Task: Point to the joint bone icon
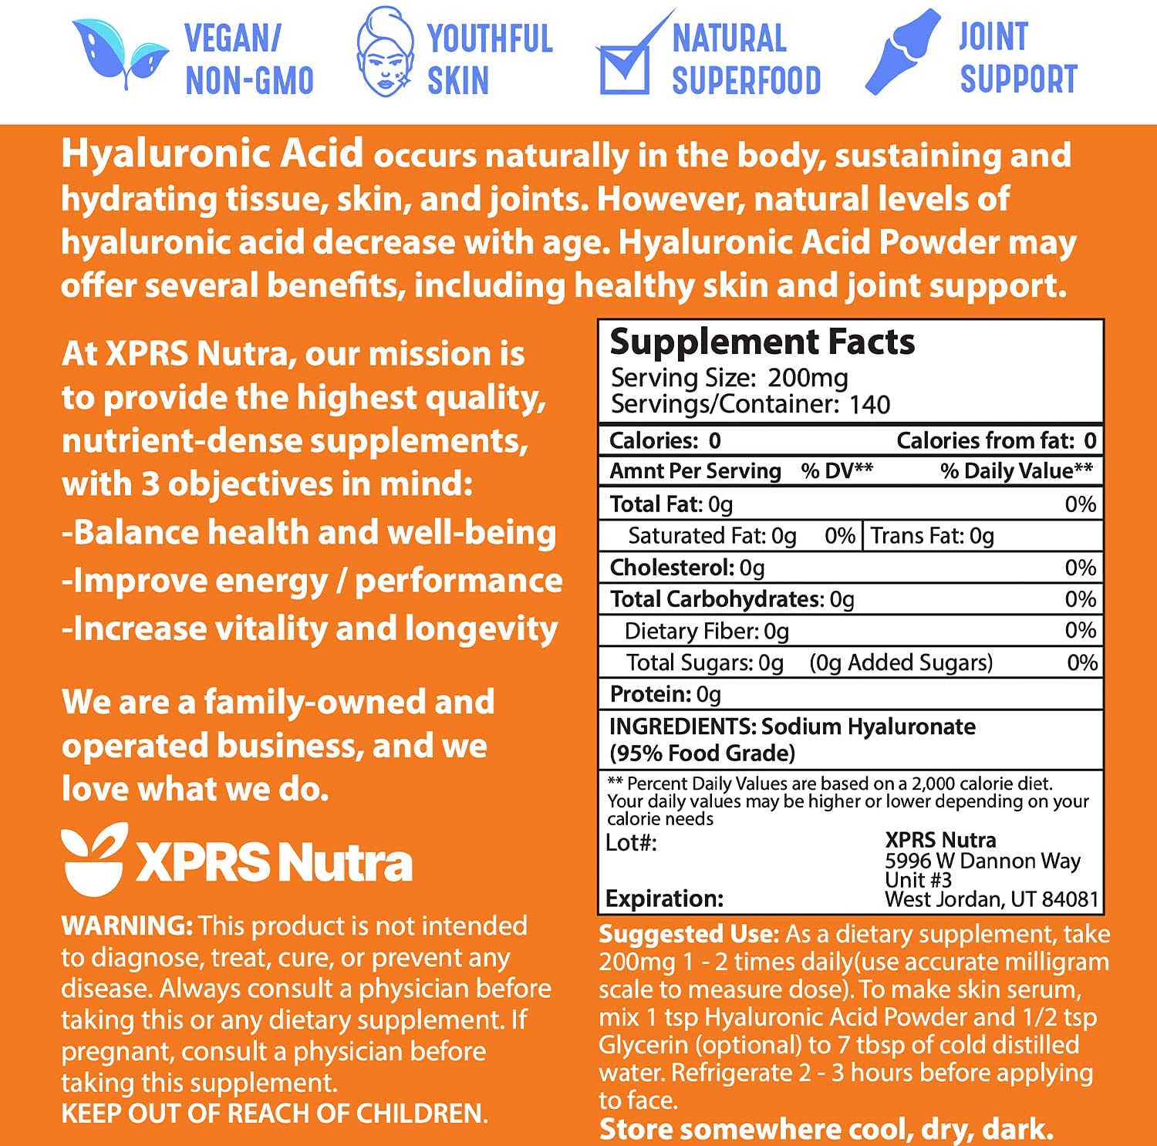[902, 52]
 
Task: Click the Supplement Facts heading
[761, 342]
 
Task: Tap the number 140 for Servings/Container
[869, 404]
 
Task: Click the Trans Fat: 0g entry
[932, 535]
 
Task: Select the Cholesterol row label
[672, 568]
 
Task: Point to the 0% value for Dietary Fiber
[1080, 630]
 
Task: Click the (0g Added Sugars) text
[901, 662]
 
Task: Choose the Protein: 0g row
[665, 694]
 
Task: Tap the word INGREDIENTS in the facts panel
[682, 726]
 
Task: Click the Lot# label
[631, 842]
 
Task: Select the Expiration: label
[664, 898]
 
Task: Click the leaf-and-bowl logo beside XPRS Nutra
[94, 858]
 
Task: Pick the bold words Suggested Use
[689, 934]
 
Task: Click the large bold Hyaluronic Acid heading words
[212, 153]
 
